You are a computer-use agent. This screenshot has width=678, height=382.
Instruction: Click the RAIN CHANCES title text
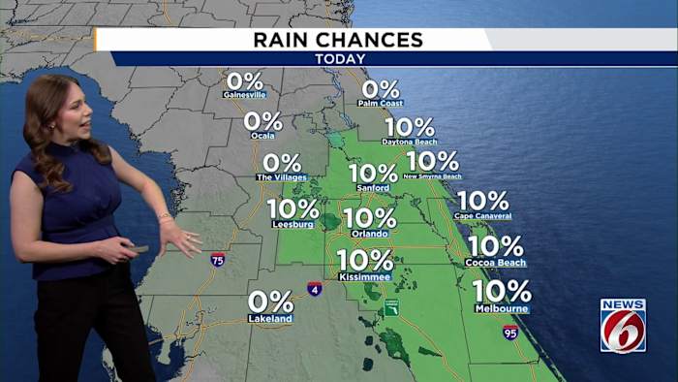(x=338, y=40)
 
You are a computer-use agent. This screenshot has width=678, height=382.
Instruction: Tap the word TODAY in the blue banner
(x=338, y=59)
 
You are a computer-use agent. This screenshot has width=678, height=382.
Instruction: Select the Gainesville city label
(x=244, y=95)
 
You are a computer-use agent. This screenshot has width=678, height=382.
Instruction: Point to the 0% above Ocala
(x=262, y=121)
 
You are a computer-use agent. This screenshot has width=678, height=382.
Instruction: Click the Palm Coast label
(x=380, y=103)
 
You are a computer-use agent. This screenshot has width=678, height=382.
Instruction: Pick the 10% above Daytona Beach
(x=410, y=127)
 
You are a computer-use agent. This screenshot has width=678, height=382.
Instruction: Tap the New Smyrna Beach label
(x=432, y=176)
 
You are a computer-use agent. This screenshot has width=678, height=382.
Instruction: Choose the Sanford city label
(x=373, y=187)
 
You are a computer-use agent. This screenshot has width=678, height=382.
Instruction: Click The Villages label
(x=281, y=177)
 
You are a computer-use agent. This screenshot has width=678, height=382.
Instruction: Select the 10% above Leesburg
(x=293, y=208)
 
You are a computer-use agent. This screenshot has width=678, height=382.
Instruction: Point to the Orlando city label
(x=369, y=234)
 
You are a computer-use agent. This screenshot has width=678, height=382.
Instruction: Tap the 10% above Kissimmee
(x=365, y=261)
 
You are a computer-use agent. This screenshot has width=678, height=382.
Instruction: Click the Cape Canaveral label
(x=482, y=215)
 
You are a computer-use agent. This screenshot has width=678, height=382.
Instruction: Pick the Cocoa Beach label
(x=495, y=263)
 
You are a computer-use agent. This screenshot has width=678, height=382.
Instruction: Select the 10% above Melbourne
(x=502, y=291)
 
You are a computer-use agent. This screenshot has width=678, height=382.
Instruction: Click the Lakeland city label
(x=269, y=318)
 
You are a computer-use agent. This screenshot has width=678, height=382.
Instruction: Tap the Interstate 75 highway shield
(x=218, y=259)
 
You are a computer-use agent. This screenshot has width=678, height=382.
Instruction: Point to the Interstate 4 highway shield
(x=315, y=288)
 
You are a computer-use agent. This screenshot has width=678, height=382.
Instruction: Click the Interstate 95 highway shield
(x=510, y=332)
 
